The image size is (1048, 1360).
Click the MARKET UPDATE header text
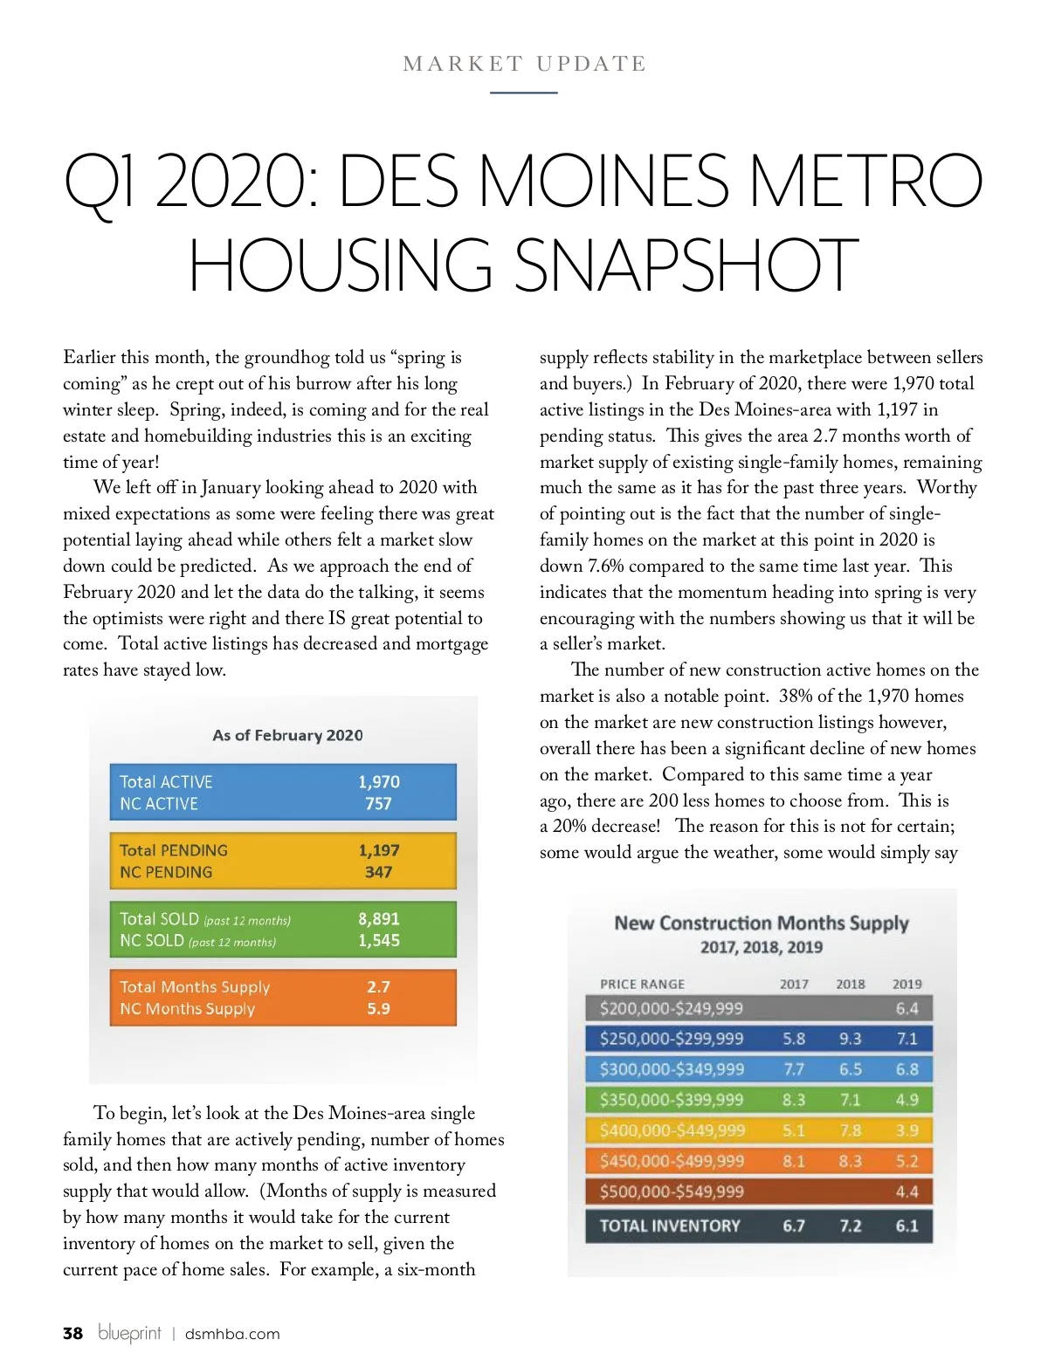point(524,64)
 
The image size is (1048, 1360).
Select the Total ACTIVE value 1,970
point(379,782)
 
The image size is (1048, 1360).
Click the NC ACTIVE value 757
point(379,804)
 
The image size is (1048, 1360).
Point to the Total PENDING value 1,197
point(379,850)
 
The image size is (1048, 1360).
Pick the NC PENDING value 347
point(379,872)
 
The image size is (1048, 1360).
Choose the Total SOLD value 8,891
point(379,918)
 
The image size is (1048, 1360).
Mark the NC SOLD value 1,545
point(379,940)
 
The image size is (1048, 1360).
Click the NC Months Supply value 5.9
point(379,1008)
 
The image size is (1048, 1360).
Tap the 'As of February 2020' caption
point(287,735)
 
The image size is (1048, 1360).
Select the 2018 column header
point(850,984)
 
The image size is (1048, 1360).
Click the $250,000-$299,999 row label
point(671,1039)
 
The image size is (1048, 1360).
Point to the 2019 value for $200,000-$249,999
point(907,1008)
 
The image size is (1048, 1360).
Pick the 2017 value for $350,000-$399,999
point(794,1100)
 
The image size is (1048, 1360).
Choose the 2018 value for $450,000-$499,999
point(850,1161)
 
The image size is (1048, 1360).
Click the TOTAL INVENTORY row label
point(669,1226)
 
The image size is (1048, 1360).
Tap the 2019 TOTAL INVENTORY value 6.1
point(907,1226)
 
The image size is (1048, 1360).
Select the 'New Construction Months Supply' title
point(762,924)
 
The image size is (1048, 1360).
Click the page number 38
point(72,1333)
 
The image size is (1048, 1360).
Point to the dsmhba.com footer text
point(232,1334)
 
